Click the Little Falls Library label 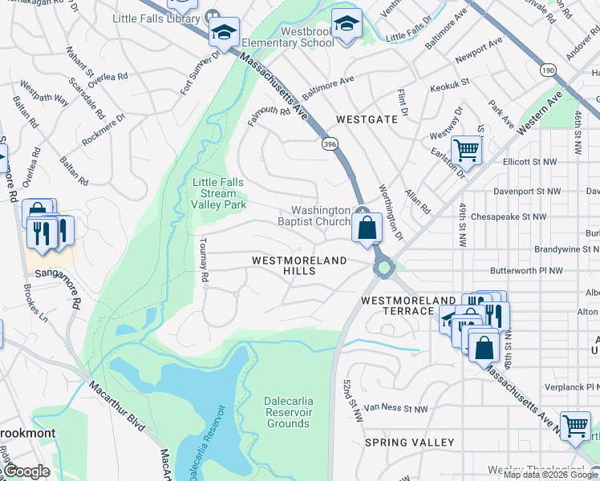pyautogui.click(x=156, y=17)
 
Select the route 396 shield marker pyautogui.click(x=329, y=143)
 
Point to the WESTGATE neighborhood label pyautogui.click(x=367, y=119)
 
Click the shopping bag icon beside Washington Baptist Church pyautogui.click(x=367, y=227)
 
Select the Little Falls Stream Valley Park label pyautogui.click(x=219, y=193)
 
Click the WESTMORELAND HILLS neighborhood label pyautogui.click(x=299, y=266)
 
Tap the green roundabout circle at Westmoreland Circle pyautogui.click(x=383, y=268)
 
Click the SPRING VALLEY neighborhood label pyautogui.click(x=409, y=443)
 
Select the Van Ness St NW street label pyautogui.click(x=395, y=409)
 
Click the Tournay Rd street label pyautogui.click(x=205, y=259)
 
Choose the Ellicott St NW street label pyautogui.click(x=529, y=161)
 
